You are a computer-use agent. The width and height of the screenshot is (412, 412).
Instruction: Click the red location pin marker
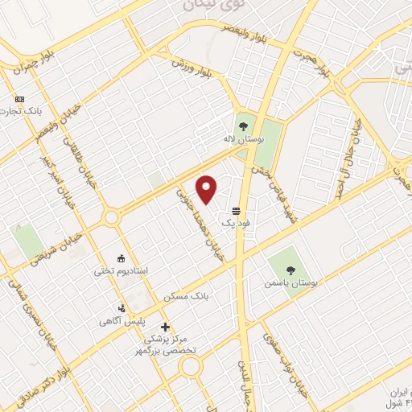208,189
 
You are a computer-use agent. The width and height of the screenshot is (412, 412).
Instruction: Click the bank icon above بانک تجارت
19,100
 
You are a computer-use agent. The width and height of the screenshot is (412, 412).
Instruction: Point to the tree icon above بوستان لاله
243,125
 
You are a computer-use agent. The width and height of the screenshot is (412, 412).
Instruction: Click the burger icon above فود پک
234,208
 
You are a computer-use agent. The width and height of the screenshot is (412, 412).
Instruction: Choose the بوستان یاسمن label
290,282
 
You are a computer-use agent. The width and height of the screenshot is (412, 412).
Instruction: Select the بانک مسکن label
186,296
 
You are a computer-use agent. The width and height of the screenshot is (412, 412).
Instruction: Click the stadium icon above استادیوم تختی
122,257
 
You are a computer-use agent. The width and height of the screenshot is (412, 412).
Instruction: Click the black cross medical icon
165,327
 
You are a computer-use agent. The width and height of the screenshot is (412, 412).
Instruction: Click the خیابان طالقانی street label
80,161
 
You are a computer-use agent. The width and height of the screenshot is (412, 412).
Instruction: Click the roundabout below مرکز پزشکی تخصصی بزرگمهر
190,367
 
